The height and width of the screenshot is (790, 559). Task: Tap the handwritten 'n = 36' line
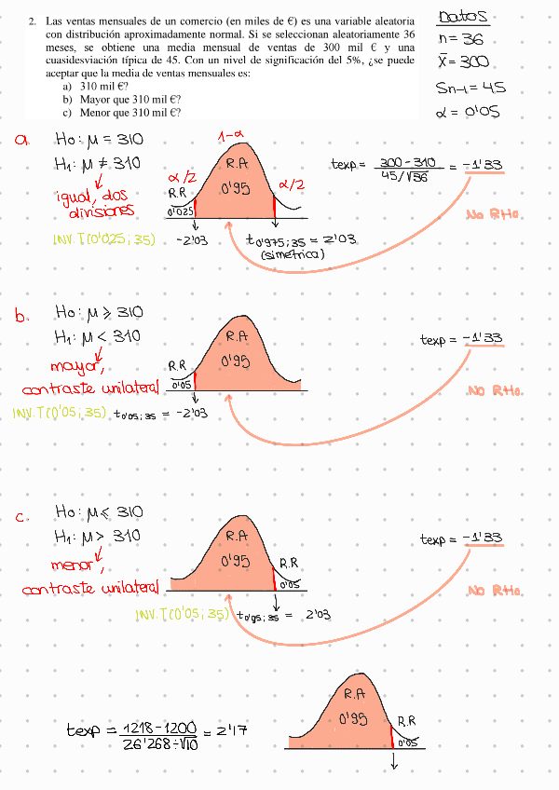coord(459,39)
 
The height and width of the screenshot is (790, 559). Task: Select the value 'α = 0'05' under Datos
coord(468,112)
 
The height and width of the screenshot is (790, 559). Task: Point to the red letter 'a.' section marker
coord(22,140)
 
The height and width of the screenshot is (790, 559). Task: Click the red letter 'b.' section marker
coord(22,315)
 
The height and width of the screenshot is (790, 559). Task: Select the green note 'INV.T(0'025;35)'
coord(102,240)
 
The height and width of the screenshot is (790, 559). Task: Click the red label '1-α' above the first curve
coord(231,136)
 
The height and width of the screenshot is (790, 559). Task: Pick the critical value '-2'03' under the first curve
coord(190,241)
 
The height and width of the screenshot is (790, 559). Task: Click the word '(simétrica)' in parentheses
coord(293,254)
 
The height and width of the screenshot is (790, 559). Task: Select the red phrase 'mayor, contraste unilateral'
coord(89,375)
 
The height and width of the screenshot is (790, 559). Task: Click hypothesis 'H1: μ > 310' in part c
coord(97,537)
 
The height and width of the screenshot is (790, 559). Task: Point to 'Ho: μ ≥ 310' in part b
coord(98,313)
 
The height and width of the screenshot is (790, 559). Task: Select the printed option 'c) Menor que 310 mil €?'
coord(122,112)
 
